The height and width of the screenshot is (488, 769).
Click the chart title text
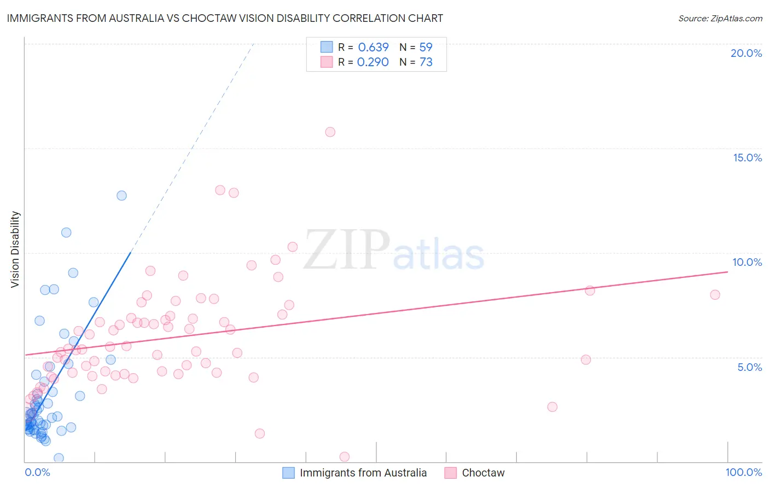(225, 18)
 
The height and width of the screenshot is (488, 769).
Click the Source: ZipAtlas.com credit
(720, 18)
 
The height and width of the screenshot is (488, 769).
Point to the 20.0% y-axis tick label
(746, 53)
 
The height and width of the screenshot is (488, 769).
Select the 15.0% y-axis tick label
(747, 158)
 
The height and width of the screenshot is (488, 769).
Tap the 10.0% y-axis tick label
(747, 262)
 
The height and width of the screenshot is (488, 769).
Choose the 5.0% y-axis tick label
(749, 367)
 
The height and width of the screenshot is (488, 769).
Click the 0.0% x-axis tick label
(37, 472)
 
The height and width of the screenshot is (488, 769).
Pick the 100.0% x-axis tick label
(743, 472)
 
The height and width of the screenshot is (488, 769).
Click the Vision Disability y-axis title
(15, 249)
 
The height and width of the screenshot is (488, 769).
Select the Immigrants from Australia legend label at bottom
(363, 473)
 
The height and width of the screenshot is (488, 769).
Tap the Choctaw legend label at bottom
(483, 473)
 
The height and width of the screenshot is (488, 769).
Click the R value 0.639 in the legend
(373, 47)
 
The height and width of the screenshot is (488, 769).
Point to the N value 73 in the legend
(426, 62)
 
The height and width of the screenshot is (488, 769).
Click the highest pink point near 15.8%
(330, 132)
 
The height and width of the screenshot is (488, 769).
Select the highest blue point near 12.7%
(121, 195)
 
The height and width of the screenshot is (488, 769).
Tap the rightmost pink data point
(715, 295)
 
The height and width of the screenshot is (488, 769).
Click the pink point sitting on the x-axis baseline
(345, 457)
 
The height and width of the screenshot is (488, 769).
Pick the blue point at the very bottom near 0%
(59, 458)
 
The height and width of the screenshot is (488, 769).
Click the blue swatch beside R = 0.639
(327, 47)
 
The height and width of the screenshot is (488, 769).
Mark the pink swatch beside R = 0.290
(327, 62)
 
